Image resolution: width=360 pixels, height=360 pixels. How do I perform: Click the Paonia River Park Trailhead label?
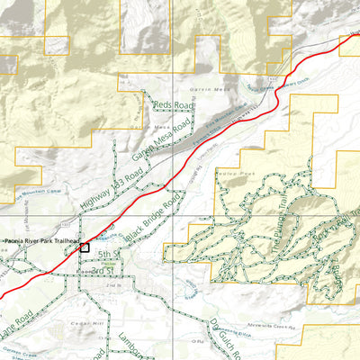point(42,241)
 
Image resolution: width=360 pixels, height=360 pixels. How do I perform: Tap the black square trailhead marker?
point(85,247)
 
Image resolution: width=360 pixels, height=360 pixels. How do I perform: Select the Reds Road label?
point(174,106)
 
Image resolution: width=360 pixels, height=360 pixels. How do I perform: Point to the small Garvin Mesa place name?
point(204,90)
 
